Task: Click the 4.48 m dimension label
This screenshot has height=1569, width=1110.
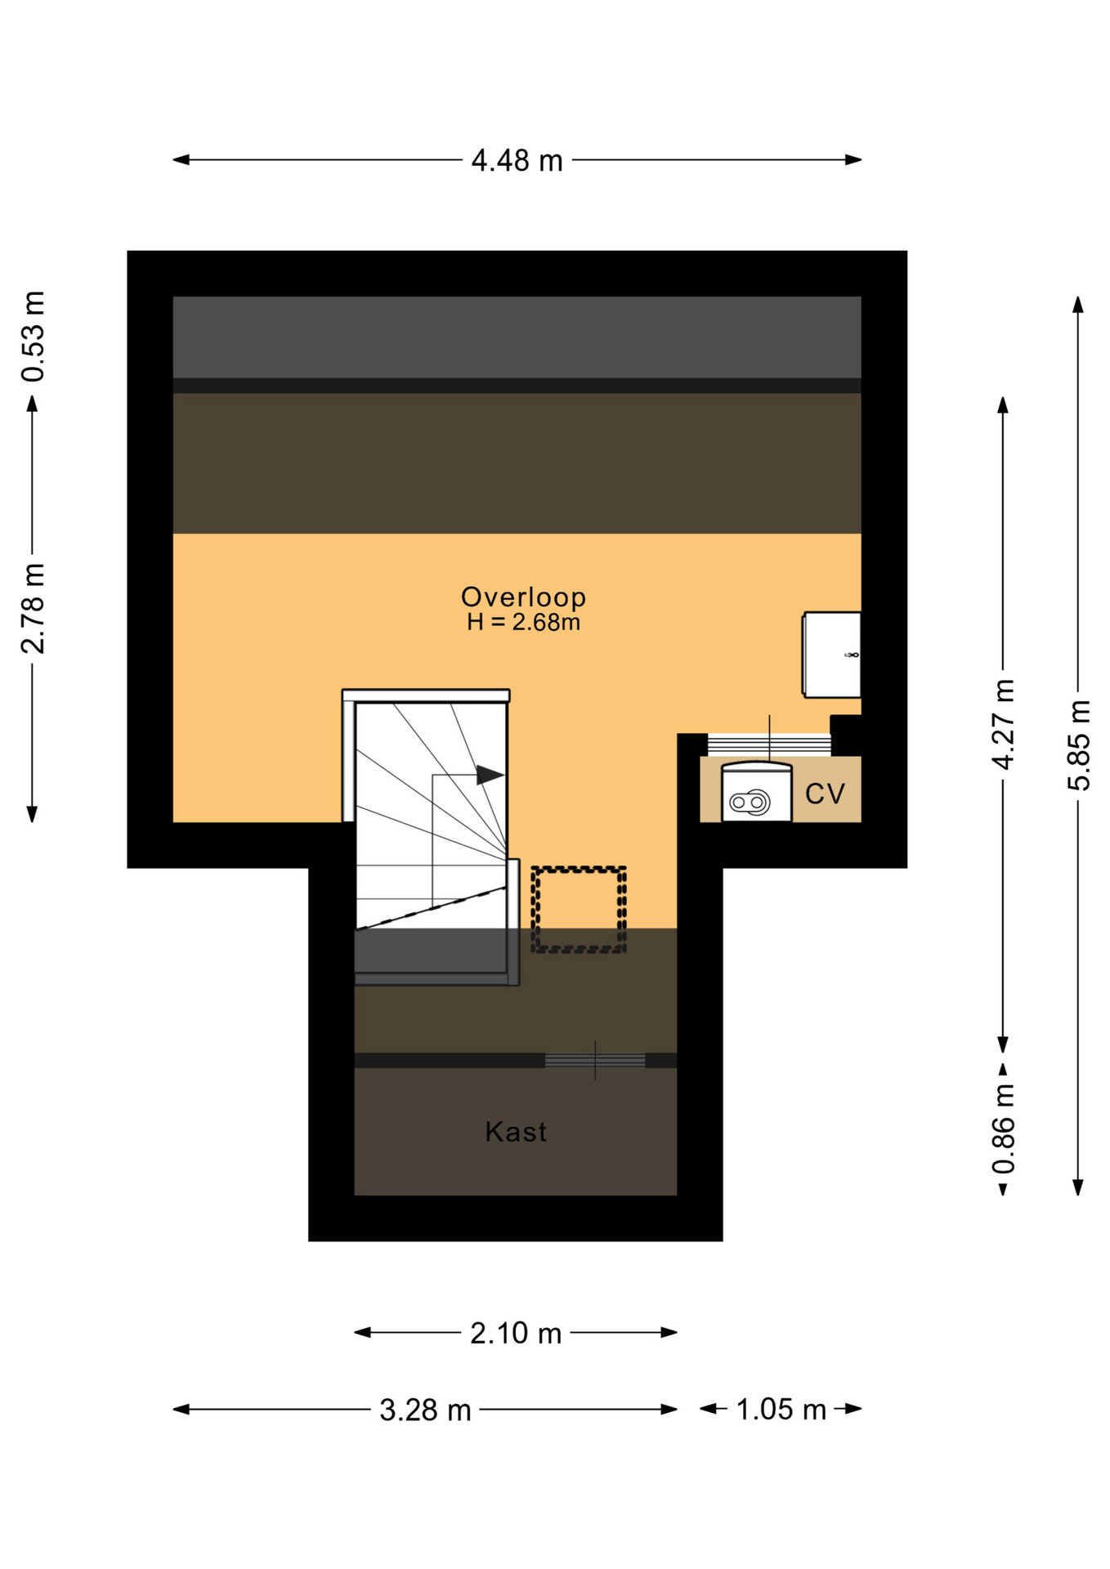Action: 517,160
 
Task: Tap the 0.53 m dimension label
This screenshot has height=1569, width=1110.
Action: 33,336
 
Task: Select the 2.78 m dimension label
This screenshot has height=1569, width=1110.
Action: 33,608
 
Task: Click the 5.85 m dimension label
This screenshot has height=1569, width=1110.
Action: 1078,744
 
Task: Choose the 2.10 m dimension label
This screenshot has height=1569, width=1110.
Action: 516,1334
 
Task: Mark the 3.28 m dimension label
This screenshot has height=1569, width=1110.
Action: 425,1410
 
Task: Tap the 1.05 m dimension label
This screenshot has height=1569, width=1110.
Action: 781,1410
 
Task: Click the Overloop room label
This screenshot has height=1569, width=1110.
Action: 524,597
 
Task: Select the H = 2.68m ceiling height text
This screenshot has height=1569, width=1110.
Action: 524,623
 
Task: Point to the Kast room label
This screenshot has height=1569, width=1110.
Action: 516,1132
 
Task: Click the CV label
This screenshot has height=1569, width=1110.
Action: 825,793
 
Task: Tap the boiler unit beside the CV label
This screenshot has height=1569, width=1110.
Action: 756,791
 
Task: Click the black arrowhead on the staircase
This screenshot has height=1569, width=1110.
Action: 490,775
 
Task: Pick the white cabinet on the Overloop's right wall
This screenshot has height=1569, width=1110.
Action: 832,655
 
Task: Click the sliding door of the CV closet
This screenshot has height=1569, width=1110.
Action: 769,744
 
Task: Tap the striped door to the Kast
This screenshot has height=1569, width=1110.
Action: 595,1060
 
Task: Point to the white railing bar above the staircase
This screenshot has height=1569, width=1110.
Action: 426,695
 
